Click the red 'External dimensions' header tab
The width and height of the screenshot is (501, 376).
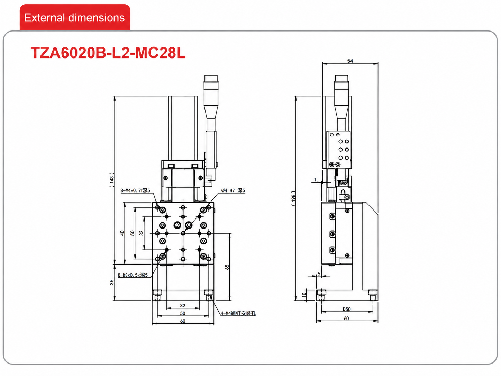coord(75,17)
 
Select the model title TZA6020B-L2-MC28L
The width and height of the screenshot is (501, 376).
coord(108,53)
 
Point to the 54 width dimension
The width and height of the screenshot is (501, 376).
coord(350,61)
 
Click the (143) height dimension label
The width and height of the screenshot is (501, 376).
coord(112,180)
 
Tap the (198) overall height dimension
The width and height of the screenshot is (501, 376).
coord(293,198)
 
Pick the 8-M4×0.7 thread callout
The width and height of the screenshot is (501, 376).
coord(135,190)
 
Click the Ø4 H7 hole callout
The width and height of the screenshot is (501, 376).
coord(233,190)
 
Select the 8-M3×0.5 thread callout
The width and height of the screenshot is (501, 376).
coord(133,275)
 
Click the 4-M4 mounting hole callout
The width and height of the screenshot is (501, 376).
coord(238,313)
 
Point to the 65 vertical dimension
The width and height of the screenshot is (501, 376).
coord(227,267)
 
